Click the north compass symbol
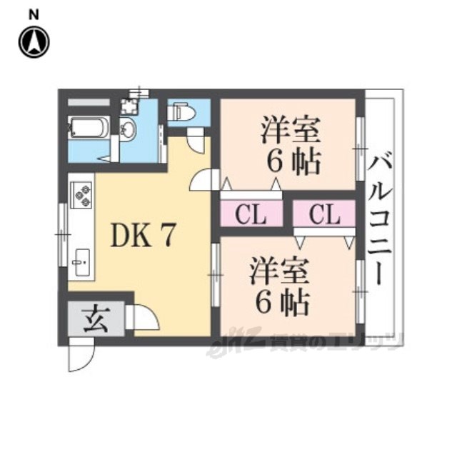[34, 42]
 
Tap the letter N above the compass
[34, 13]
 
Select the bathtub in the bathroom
[89, 129]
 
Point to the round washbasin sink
[128, 129]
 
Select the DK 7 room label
[142, 236]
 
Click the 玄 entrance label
[96, 318]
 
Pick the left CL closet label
[252, 214]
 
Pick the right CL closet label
[324, 214]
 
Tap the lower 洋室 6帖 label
[280, 288]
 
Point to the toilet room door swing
[194, 140]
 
